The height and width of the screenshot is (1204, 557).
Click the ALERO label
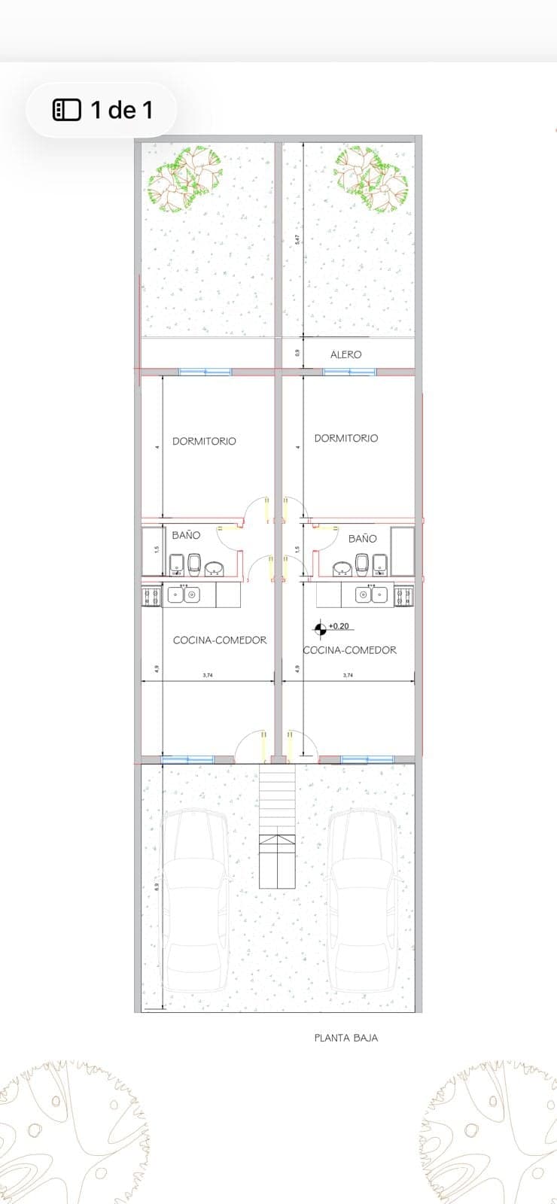[x=345, y=354]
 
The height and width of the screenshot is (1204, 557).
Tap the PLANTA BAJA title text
[x=345, y=1038]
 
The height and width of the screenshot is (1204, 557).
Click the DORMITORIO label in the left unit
[x=204, y=441]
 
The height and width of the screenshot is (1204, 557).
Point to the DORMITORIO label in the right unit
[x=346, y=438]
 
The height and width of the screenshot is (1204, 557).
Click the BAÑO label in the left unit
[x=186, y=535]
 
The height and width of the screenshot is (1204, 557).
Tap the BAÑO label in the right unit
[x=362, y=539]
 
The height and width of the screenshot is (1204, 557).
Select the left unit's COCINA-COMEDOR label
[x=220, y=640]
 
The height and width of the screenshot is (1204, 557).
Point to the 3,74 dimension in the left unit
[x=208, y=676]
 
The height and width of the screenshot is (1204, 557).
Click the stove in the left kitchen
[x=151, y=596]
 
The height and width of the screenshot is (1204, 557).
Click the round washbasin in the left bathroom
[x=215, y=568]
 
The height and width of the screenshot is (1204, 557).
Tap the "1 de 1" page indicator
[x=102, y=110]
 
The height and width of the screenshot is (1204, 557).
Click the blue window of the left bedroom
[x=204, y=372]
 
